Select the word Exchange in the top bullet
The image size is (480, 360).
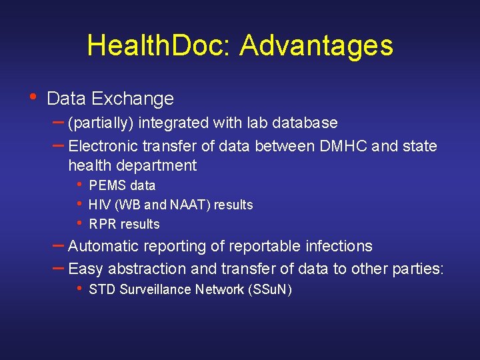click(x=133, y=99)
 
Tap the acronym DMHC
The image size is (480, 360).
click(x=343, y=145)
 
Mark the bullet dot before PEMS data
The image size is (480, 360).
click(x=79, y=185)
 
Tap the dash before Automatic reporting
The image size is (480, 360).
click(x=59, y=245)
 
